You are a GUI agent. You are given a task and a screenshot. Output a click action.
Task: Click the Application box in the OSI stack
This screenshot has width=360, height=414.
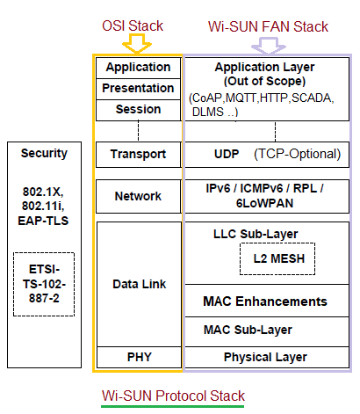click(138, 68)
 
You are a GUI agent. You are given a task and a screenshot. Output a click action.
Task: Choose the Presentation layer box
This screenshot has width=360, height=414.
click(138, 88)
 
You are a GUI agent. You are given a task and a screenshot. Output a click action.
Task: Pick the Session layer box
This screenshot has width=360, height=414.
click(138, 109)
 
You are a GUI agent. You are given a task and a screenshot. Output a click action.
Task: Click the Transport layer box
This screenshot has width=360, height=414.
click(138, 154)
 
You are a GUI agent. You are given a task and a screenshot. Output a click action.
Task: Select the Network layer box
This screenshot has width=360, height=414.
click(138, 196)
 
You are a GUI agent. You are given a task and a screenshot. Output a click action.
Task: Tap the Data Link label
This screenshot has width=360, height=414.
click(138, 284)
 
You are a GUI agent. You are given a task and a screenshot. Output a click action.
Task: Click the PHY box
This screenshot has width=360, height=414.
click(138, 357)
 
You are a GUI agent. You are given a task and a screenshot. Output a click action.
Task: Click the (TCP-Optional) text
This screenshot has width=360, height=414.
click(297, 154)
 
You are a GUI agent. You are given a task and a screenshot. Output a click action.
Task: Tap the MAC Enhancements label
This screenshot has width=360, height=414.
click(265, 301)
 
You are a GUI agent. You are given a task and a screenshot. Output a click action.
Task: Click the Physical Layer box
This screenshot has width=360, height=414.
click(265, 357)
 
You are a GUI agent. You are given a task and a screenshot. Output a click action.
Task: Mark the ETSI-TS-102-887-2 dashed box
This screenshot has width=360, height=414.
click(44, 285)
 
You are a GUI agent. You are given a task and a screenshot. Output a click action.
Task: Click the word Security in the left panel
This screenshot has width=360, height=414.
click(44, 153)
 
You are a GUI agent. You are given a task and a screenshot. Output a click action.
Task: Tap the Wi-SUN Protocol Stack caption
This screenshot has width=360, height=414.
click(173, 396)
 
